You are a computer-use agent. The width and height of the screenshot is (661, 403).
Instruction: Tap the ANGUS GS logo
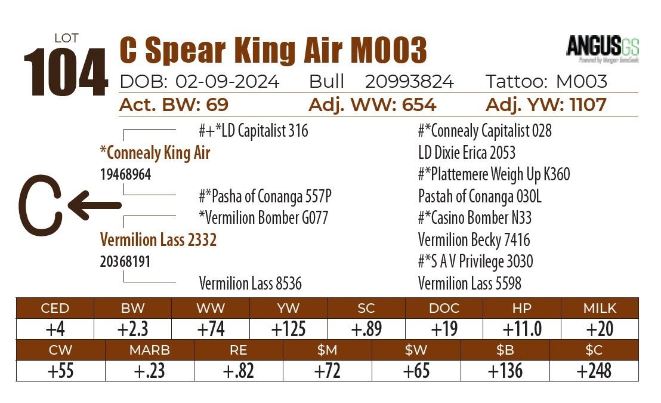coord(602,48)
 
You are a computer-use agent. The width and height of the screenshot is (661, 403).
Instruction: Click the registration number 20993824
coord(409,82)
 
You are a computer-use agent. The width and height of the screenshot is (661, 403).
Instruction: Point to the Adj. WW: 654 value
coord(372,105)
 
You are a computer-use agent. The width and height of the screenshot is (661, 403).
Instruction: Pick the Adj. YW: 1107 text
coord(546,105)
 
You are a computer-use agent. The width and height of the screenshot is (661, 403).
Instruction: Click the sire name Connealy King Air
coord(155,153)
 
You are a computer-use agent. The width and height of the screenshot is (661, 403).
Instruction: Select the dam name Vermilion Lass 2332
coord(158,240)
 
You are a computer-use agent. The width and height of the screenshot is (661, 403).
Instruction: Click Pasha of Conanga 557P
coord(265,196)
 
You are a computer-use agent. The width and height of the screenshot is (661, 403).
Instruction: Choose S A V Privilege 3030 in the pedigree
coord(475,262)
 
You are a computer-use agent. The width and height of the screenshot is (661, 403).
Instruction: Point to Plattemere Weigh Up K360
coord(494,174)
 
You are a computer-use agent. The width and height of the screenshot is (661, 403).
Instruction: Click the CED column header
coord(55,308)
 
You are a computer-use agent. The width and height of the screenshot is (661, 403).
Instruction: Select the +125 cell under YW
coord(288,329)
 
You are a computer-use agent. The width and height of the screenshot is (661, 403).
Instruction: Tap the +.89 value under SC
coord(366,329)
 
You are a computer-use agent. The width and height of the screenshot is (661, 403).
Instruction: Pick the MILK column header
coord(600,308)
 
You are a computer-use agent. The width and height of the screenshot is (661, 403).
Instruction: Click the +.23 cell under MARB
coord(149,371)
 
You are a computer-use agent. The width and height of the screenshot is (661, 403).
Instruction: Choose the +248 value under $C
coord(594,371)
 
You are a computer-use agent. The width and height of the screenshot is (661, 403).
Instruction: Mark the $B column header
coord(505,350)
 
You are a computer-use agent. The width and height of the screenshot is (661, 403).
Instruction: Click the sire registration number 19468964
coord(125,175)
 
